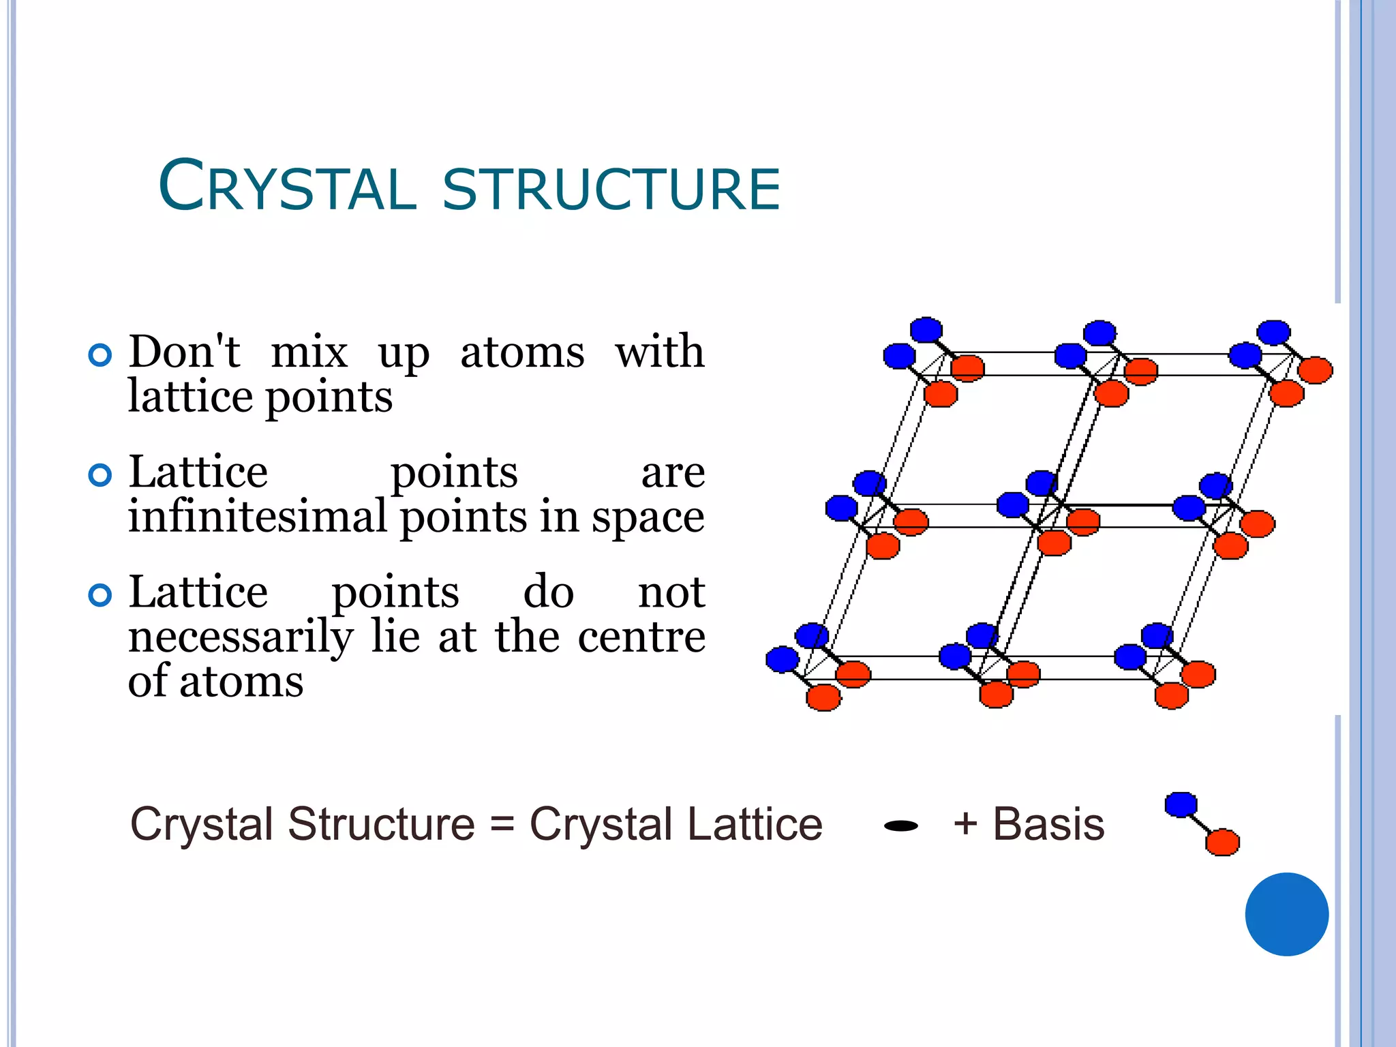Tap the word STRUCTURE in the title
(x=611, y=189)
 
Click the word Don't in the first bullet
(x=184, y=352)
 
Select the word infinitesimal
(x=257, y=516)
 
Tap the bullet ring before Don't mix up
(x=100, y=355)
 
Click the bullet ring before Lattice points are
(x=100, y=475)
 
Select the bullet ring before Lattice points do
(x=100, y=595)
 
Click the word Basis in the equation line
(x=1048, y=824)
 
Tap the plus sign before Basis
(x=965, y=823)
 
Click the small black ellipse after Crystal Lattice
(x=900, y=826)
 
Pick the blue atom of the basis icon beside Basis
(x=1181, y=804)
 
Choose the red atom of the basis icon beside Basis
(x=1222, y=843)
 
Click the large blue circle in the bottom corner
(x=1286, y=914)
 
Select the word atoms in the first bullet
(x=522, y=352)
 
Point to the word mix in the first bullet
(x=309, y=352)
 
